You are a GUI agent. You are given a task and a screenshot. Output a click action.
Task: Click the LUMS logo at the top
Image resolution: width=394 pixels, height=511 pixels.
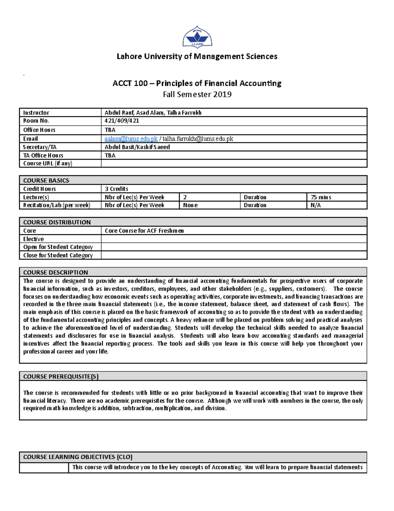click(x=197, y=37)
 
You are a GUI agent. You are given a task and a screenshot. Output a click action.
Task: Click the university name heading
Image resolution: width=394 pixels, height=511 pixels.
click(x=197, y=57)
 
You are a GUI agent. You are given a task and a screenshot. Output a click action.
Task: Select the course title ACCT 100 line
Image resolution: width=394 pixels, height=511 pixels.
click(x=197, y=83)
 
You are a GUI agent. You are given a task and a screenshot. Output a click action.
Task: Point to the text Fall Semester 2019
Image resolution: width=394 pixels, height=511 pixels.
click(x=197, y=94)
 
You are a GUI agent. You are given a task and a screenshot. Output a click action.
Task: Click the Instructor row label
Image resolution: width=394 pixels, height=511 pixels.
click(x=36, y=113)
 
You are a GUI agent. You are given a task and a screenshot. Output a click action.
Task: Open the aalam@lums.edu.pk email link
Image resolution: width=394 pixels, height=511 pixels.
click(x=131, y=139)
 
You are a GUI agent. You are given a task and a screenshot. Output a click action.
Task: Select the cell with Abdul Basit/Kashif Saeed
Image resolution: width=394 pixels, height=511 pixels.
click(x=137, y=147)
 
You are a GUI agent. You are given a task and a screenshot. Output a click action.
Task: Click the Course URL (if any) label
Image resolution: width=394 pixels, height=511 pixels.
click(x=48, y=163)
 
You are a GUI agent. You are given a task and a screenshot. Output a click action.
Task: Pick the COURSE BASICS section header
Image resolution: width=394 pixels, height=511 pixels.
click(x=46, y=180)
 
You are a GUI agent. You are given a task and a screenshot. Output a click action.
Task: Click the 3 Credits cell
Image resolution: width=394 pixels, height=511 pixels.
click(x=117, y=189)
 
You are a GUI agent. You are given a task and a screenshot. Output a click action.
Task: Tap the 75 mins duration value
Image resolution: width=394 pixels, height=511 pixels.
click(x=321, y=197)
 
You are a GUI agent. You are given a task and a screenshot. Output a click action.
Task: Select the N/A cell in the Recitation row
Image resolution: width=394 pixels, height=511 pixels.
click(x=316, y=205)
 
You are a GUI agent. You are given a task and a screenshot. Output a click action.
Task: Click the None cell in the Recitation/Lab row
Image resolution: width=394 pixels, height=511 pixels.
click(x=190, y=205)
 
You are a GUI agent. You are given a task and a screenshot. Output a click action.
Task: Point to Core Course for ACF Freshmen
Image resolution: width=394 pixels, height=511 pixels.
click(x=144, y=231)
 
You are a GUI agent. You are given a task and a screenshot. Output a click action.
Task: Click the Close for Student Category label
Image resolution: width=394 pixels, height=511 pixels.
click(x=58, y=255)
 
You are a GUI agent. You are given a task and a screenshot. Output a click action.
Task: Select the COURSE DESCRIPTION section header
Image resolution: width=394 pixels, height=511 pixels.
click(x=55, y=272)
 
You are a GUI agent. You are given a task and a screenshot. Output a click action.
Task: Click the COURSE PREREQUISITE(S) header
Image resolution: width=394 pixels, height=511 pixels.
click(x=61, y=376)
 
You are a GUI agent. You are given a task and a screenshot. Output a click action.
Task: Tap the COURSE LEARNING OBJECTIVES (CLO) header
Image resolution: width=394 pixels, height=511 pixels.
click(x=78, y=457)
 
